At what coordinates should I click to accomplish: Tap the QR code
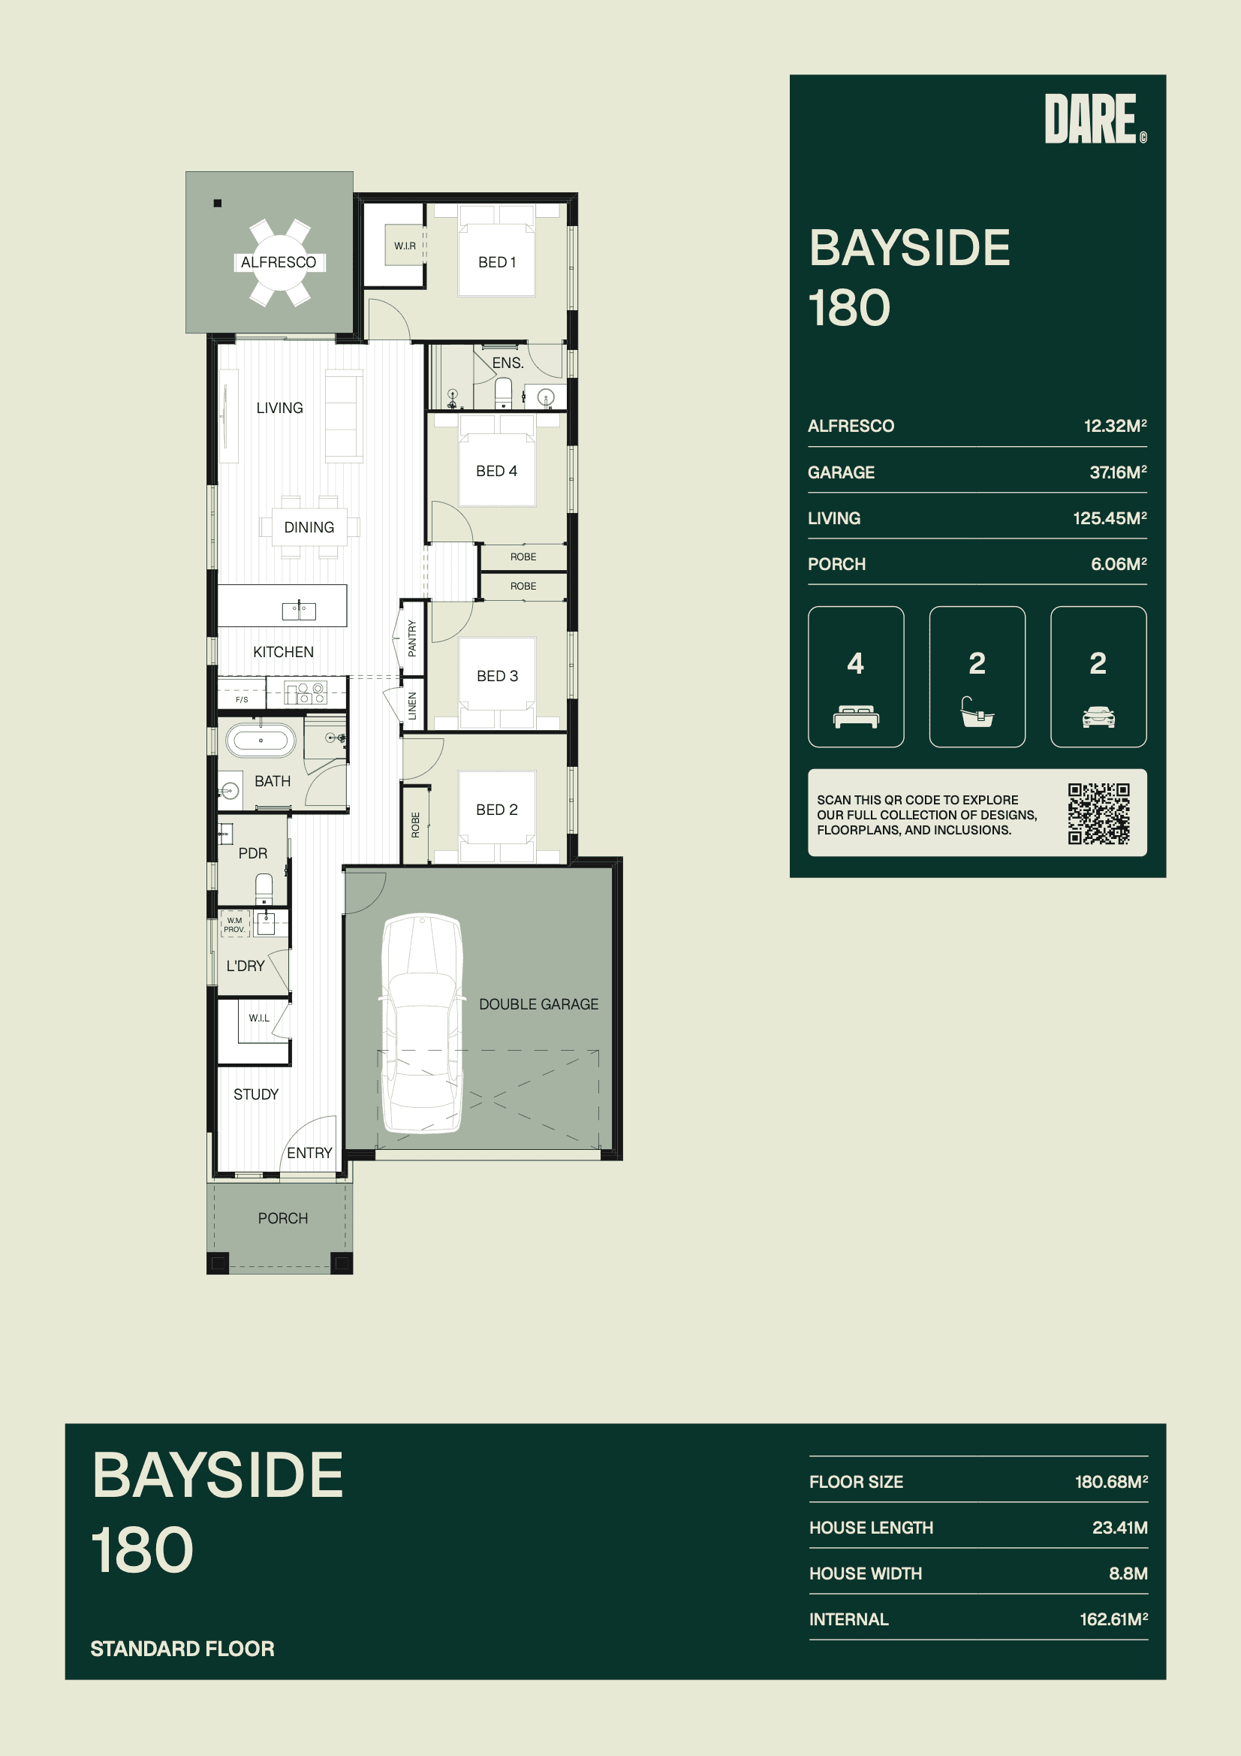(1099, 813)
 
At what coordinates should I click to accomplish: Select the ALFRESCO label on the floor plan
(279, 262)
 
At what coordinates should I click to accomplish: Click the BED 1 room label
(497, 262)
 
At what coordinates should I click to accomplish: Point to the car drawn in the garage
(422, 1022)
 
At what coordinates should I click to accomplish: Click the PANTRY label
(412, 638)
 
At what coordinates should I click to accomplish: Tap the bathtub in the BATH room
(261, 740)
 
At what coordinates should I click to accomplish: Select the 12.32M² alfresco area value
(1115, 426)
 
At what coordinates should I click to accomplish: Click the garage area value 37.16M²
(1118, 472)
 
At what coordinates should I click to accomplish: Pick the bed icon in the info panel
(856, 717)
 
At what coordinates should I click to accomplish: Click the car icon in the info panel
(1098, 717)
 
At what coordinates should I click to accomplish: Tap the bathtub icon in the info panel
(977, 711)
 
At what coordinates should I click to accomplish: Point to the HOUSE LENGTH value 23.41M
(1119, 1528)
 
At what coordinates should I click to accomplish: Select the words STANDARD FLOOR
(182, 1649)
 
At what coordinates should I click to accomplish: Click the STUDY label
(256, 1094)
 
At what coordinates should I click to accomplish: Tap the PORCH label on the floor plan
(283, 1218)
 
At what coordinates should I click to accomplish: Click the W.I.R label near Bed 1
(405, 246)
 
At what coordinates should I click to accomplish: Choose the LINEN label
(412, 705)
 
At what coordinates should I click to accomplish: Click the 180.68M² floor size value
(1111, 1481)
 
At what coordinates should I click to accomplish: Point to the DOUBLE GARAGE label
(538, 1004)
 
